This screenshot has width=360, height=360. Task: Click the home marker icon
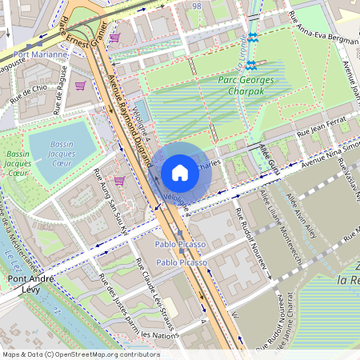[180, 172]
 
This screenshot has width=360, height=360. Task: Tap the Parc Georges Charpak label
[246, 85]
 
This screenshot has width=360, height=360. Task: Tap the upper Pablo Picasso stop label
[180, 243]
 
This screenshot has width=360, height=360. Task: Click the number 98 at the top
[197, 5]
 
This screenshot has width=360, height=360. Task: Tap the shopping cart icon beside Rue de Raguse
[80, 85]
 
